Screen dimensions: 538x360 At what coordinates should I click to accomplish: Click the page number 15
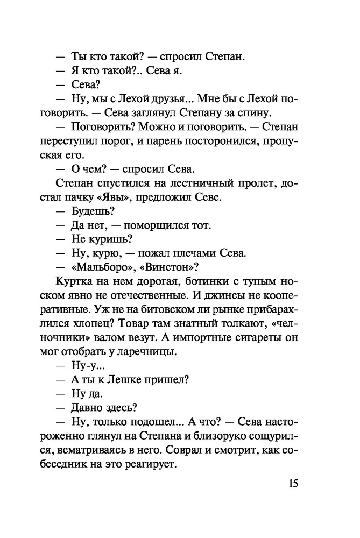click(292, 483)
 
